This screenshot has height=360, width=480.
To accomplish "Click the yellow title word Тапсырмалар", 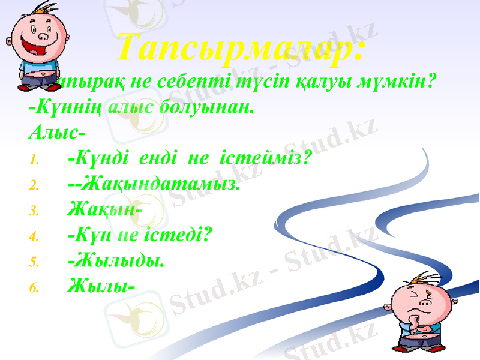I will point(240,48).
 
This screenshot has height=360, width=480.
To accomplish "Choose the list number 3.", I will point(34,211).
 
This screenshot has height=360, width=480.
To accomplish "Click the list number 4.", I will point(34,236).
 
